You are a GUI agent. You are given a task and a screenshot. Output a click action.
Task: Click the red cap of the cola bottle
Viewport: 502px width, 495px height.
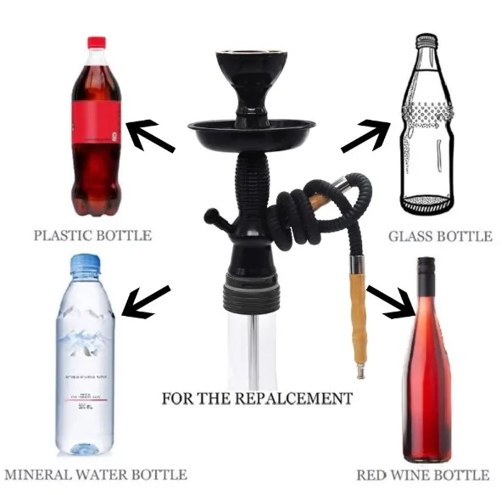pos(96,42)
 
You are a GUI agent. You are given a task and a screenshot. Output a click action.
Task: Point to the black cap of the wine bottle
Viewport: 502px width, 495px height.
pos(426,270)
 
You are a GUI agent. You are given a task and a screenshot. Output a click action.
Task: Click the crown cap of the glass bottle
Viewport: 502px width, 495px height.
pos(426,38)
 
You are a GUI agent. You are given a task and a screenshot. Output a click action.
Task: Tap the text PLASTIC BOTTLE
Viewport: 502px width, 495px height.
pos(92,235)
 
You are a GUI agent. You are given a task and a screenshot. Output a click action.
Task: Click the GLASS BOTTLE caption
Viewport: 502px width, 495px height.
pos(439,236)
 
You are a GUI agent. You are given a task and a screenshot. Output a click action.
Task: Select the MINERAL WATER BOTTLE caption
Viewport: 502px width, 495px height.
pos(94,475)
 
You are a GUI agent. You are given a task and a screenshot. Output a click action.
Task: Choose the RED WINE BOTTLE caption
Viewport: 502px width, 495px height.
pos(422,475)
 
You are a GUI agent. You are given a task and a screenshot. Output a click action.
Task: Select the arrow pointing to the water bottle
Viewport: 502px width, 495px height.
pos(145,301)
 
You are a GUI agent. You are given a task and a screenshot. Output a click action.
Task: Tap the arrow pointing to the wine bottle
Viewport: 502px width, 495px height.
pos(389,301)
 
